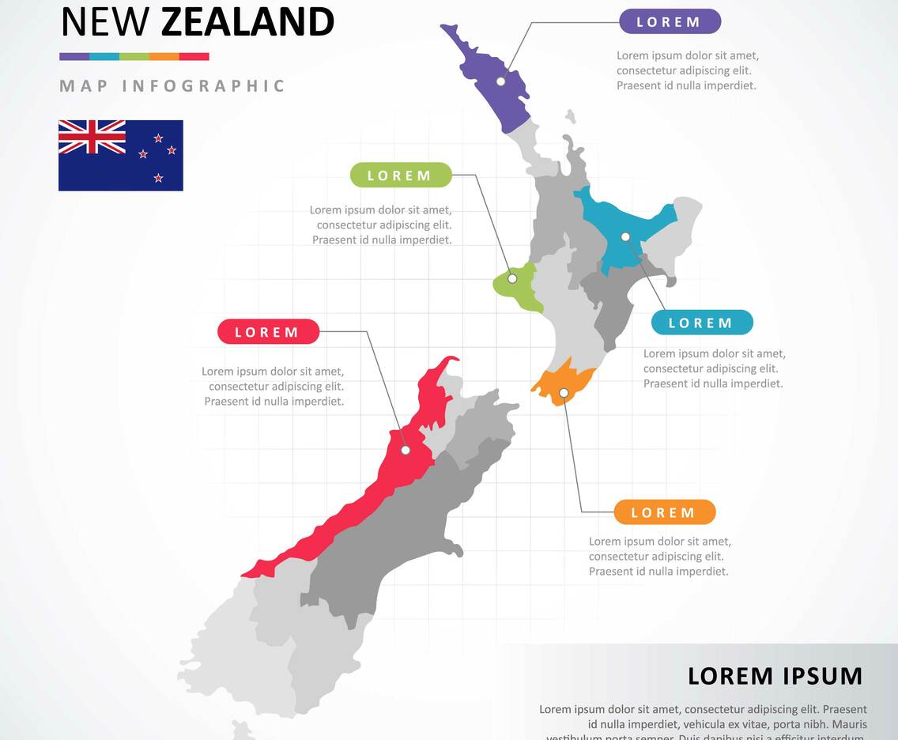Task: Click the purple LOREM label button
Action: (669, 21)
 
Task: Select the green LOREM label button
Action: (401, 175)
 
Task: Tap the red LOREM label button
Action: (268, 332)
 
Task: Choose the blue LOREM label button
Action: (701, 323)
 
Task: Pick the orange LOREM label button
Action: (664, 512)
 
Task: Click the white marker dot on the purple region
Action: (500, 81)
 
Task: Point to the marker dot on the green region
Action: (512, 278)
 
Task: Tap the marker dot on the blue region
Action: (625, 236)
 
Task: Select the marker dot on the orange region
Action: (564, 393)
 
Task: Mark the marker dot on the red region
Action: (406, 450)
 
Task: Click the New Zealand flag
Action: (121, 155)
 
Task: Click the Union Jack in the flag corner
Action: (92, 138)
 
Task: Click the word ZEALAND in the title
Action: (247, 22)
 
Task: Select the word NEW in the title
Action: (105, 22)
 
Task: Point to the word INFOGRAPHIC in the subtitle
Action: (203, 86)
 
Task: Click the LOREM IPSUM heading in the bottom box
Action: (775, 676)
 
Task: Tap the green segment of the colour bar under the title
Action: (134, 57)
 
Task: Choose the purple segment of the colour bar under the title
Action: (74, 57)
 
